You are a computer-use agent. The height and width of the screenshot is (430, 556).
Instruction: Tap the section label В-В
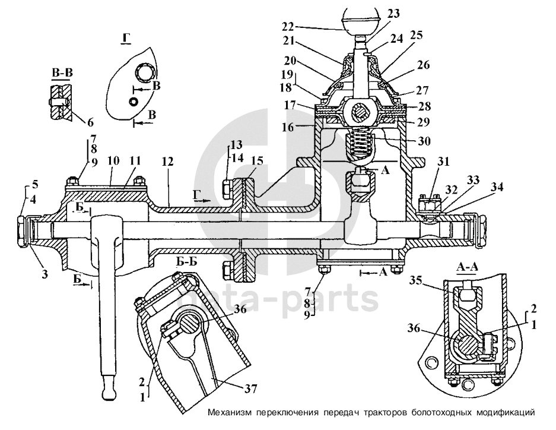(x=62, y=73)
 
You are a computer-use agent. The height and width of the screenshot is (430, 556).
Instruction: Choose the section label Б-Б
(x=186, y=261)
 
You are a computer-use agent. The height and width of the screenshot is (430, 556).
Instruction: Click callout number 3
(x=45, y=274)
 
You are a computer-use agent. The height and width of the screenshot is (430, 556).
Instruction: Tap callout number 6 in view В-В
(x=90, y=122)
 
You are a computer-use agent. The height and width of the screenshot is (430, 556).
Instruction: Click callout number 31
(x=443, y=162)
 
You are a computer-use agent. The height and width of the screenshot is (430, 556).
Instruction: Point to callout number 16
(x=288, y=127)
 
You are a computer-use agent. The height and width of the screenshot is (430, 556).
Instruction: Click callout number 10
(x=113, y=161)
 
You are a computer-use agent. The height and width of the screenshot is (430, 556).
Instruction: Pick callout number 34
(x=497, y=186)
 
